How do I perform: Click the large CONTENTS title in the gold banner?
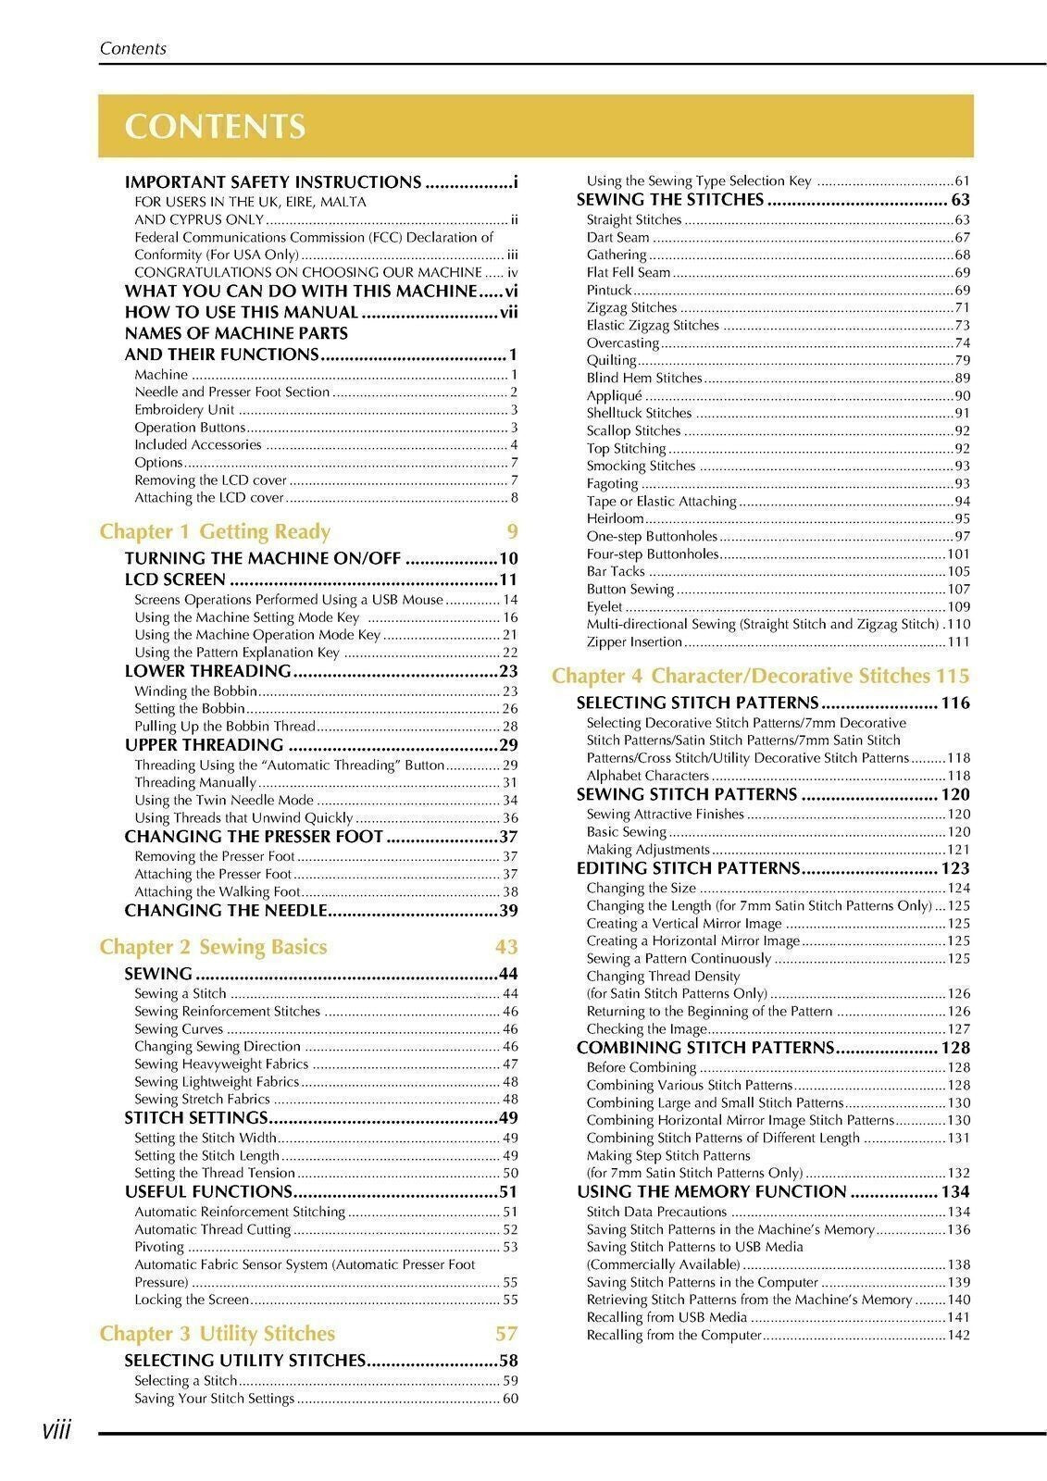tap(215, 127)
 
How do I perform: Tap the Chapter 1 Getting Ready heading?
tap(215, 531)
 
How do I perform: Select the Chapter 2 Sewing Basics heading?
tap(213, 947)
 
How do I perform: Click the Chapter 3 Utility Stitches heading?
tap(218, 1334)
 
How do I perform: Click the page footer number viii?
tap(56, 1431)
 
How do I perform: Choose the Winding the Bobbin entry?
tap(196, 691)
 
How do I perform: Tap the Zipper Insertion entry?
tap(634, 641)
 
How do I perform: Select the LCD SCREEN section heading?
tap(175, 580)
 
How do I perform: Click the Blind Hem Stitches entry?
tap(644, 378)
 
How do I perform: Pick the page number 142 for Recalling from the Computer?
tap(958, 1335)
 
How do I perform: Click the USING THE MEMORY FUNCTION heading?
tap(711, 1192)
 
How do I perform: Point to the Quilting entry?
tap(612, 360)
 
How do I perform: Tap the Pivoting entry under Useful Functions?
tap(159, 1247)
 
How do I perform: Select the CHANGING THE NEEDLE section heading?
tap(226, 911)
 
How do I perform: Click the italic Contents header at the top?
tap(133, 49)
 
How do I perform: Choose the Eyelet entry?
tap(605, 606)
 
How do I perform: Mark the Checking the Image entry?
tap(646, 1028)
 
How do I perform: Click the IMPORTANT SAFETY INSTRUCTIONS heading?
tap(273, 182)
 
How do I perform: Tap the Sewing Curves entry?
tap(179, 1028)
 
